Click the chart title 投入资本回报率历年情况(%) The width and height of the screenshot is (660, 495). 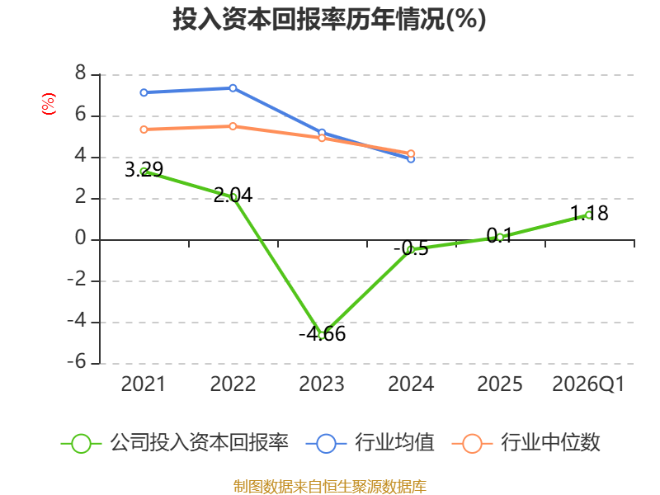point(329,19)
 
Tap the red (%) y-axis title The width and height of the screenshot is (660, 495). point(49,104)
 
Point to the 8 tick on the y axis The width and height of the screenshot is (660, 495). point(80,73)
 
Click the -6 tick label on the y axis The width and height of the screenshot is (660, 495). point(77,361)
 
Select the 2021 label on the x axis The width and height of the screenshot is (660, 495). point(143,384)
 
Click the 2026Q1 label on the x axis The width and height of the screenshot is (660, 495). point(588,384)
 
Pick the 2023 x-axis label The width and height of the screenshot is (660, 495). point(322,384)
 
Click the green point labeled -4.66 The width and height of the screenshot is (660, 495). point(322,336)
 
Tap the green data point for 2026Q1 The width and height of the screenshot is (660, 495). point(589,215)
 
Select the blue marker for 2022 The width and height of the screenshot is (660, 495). point(233,88)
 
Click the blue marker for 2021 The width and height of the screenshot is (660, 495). point(144,92)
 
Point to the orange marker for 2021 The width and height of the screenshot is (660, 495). point(144,130)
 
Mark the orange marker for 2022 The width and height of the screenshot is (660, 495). point(233,126)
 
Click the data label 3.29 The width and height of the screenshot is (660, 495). point(144,170)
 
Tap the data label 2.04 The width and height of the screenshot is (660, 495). point(233,196)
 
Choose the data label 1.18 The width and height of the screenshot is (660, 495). point(589,214)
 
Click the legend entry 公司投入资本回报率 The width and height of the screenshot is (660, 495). point(175,443)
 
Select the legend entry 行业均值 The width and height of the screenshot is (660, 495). point(370,443)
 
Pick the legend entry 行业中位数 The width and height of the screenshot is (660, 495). point(526,443)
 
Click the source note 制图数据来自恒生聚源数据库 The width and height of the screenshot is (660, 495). point(329,487)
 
